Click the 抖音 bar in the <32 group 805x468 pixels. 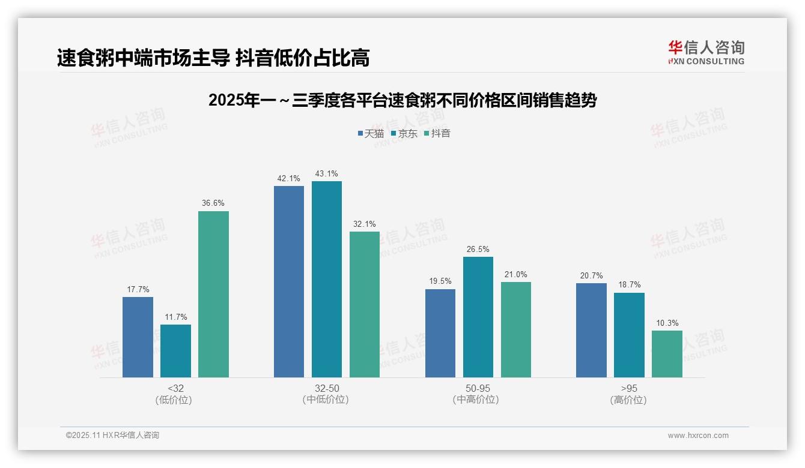click(x=213, y=294)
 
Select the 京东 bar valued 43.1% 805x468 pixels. click(x=326, y=279)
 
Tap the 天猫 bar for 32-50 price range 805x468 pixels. click(x=289, y=281)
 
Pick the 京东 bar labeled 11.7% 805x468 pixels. click(x=175, y=351)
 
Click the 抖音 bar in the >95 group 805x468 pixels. click(x=667, y=354)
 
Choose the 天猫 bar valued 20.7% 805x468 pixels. click(x=591, y=330)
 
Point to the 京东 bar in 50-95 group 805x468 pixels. click(x=478, y=317)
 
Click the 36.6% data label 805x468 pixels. click(x=213, y=203)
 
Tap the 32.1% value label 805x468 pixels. click(x=364, y=224)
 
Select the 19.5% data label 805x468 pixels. click(x=440, y=281)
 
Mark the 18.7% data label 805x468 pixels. click(x=629, y=285)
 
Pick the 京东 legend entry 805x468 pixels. click(x=404, y=134)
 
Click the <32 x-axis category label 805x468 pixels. click(x=175, y=388)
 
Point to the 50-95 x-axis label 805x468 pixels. click(x=478, y=388)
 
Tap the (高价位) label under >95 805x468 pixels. click(x=629, y=400)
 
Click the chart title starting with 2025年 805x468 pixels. click(x=402, y=100)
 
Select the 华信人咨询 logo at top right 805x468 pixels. click(x=706, y=52)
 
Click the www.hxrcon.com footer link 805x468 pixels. click(x=698, y=436)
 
